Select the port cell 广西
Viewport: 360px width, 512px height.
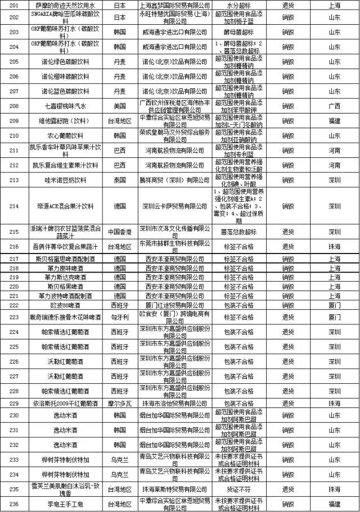click(x=334, y=105)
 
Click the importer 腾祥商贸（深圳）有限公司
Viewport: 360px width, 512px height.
click(x=174, y=180)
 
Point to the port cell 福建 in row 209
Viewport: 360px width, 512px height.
click(x=334, y=120)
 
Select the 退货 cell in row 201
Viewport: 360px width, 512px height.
click(x=289, y=4)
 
